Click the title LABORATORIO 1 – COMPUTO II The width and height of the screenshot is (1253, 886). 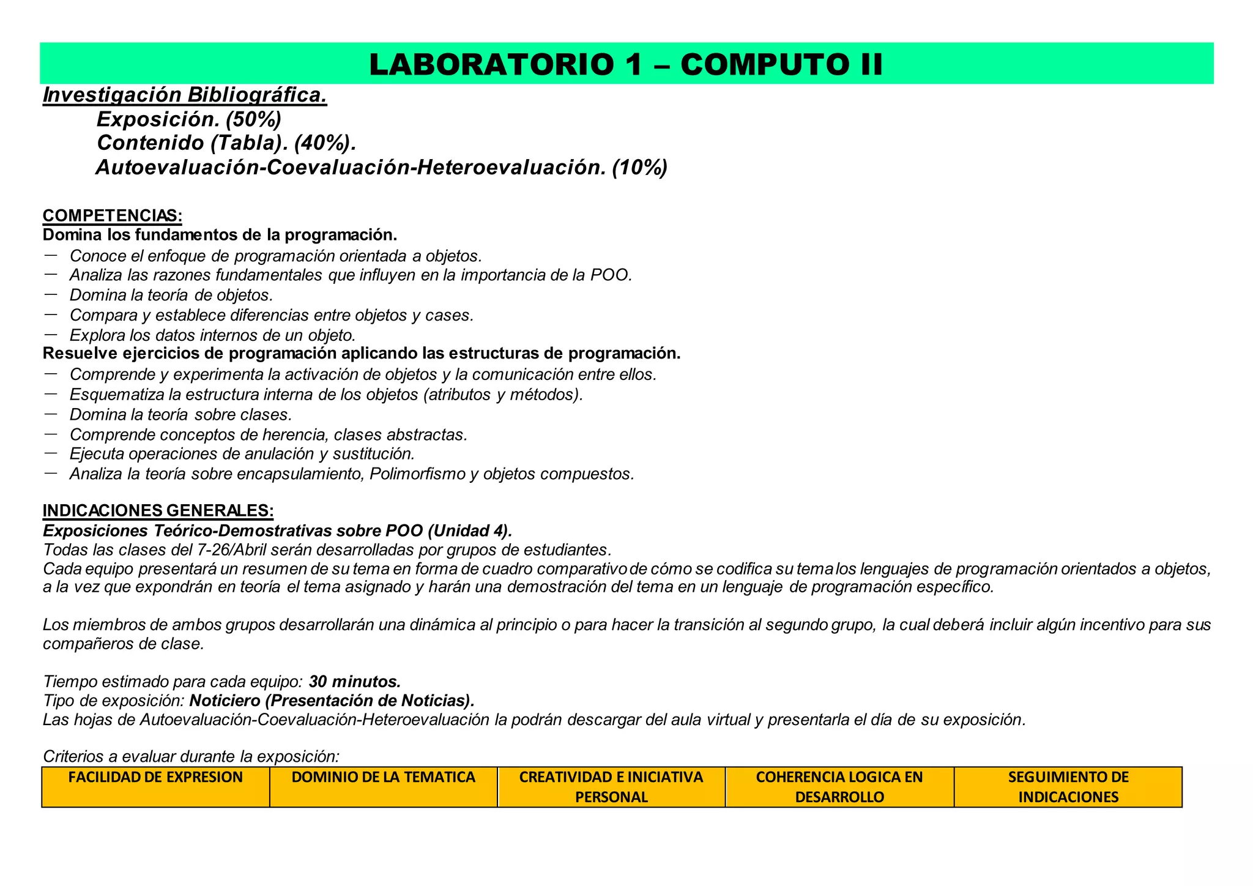[626, 64]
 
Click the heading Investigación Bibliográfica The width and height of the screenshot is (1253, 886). [185, 95]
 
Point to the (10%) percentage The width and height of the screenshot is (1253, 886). [639, 167]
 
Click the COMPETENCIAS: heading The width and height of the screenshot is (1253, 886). [112, 216]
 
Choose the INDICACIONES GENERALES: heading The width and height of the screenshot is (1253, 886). [158, 511]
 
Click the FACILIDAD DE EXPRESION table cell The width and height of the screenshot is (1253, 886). [155, 787]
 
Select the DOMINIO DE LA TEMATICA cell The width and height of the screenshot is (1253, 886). [384, 787]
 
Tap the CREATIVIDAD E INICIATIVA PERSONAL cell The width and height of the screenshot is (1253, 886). [611, 787]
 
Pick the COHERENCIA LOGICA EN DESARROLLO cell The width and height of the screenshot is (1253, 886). [839, 787]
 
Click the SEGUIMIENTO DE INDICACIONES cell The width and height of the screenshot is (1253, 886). [1068, 787]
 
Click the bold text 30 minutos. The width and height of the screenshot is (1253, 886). [355, 682]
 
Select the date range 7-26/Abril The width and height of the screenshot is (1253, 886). [229, 549]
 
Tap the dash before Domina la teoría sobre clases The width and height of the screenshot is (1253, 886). [51, 414]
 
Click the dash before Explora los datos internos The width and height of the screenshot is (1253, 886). [51, 335]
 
